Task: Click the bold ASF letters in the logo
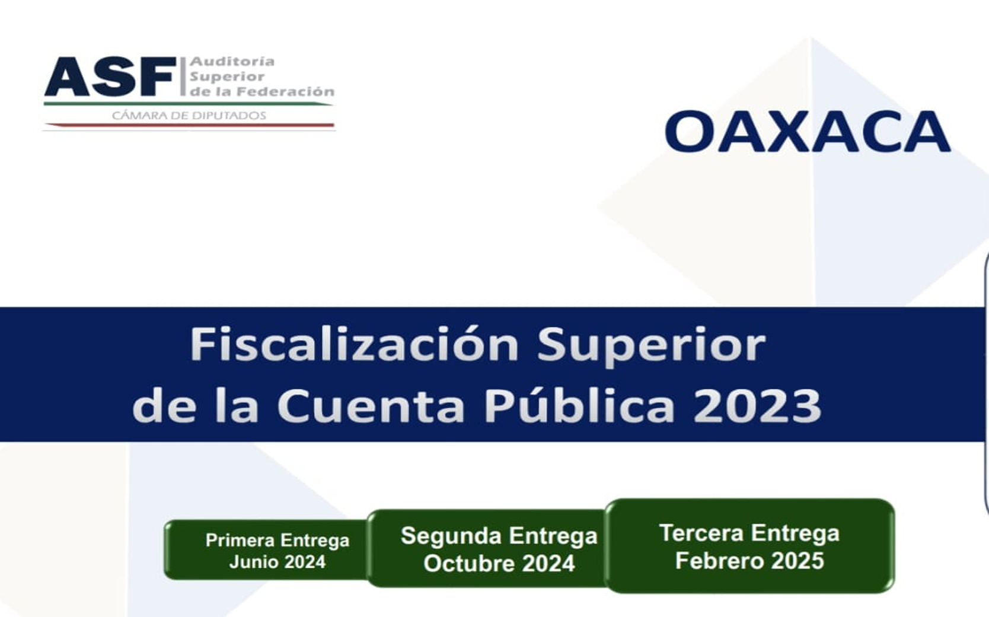(110, 77)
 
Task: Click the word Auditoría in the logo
(232, 61)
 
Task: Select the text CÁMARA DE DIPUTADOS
(189, 116)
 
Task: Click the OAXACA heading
(808, 132)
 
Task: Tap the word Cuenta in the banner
(371, 405)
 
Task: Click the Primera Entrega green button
(266, 550)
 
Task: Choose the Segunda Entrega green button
(487, 549)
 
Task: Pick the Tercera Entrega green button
(749, 546)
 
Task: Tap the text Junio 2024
(277, 562)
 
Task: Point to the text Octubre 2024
(499, 563)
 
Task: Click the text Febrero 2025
(749, 561)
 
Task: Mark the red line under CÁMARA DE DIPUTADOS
(189, 125)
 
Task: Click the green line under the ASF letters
(188, 104)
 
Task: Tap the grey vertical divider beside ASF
(183, 76)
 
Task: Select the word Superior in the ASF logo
(227, 77)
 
